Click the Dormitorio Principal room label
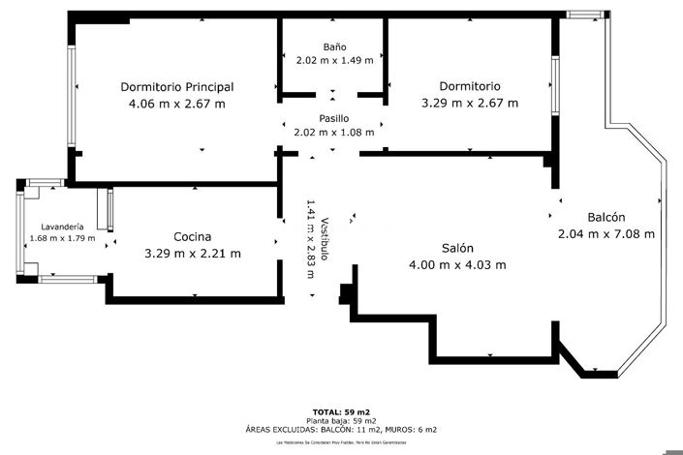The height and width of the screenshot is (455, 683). coord(176,86)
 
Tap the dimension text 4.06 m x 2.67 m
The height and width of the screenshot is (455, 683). coord(176,104)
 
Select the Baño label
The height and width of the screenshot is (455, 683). coord(334,46)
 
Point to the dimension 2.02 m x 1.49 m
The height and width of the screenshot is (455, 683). coord(334,60)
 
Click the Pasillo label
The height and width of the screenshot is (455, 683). coord(334,118)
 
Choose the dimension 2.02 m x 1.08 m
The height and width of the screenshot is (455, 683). coord(334,133)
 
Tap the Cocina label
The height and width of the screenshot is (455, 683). coord(192,237)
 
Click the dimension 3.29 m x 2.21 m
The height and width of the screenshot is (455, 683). coord(192,254)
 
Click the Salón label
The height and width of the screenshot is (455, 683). coord(457,247)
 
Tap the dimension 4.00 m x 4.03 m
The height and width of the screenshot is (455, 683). coord(457,264)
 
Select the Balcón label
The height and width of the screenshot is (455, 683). coord(606,217)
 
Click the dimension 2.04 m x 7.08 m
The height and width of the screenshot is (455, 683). coord(606,233)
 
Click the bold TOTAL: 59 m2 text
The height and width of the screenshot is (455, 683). coord(341,412)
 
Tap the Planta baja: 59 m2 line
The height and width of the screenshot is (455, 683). coord(341,421)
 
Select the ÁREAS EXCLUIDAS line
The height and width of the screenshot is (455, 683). coord(341,430)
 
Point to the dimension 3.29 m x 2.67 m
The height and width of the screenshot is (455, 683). coord(469,104)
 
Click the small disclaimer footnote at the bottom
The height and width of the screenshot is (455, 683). coord(341,441)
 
